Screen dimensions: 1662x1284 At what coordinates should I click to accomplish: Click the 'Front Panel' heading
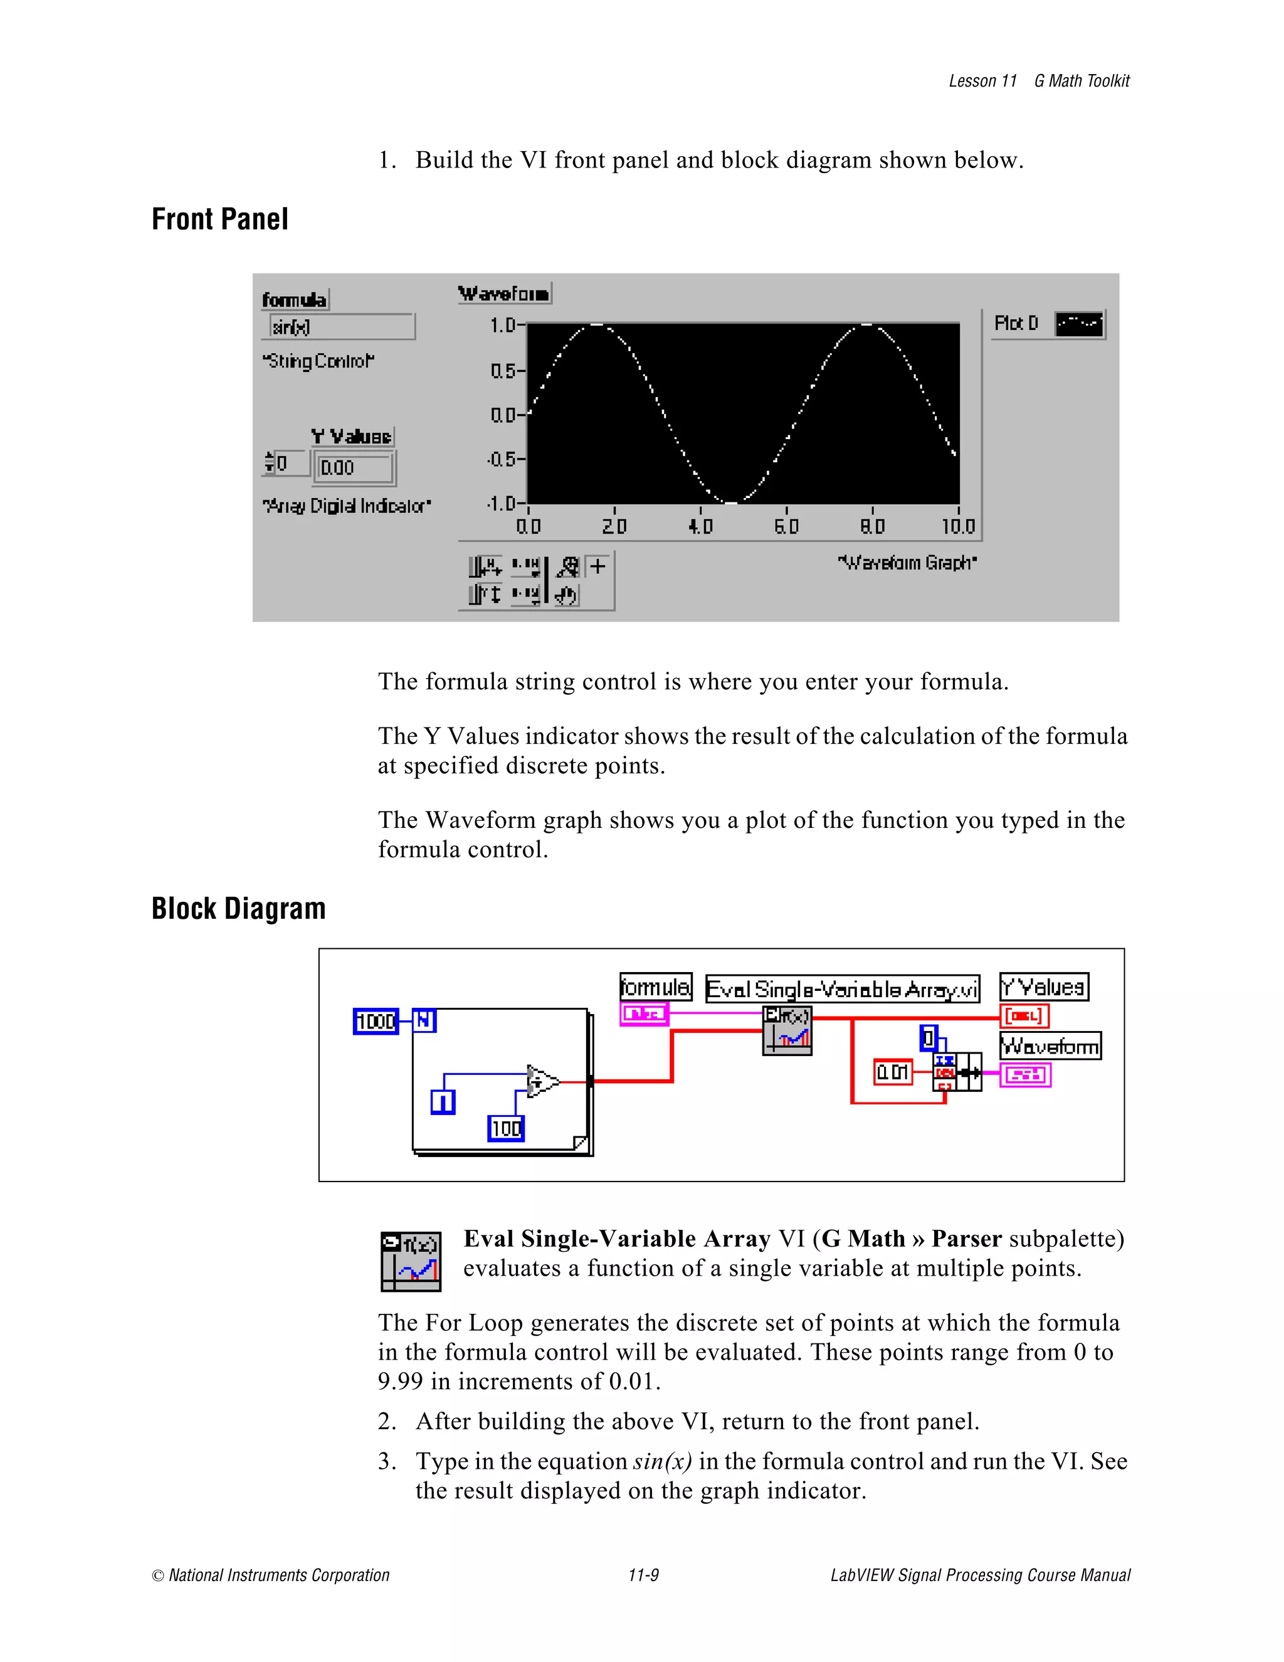[220, 219]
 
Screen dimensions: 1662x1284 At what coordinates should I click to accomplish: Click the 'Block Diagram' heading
[238, 909]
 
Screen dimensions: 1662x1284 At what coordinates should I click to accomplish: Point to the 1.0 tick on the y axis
[503, 326]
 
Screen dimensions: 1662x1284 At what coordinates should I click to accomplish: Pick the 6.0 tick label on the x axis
[787, 527]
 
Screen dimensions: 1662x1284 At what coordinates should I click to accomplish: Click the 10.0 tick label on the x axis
[958, 527]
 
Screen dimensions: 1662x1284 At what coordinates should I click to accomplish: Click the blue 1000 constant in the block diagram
[376, 1021]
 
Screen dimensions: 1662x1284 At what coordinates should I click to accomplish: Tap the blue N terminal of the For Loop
[424, 1020]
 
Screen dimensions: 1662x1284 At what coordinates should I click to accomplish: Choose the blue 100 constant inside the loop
[506, 1128]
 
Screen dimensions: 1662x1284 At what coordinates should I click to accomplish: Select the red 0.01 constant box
[893, 1072]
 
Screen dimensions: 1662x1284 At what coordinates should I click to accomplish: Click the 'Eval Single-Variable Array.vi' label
[842, 988]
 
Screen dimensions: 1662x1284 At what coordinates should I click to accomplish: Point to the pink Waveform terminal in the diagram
[1025, 1074]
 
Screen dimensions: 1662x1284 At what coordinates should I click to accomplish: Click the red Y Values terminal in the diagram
[1024, 1016]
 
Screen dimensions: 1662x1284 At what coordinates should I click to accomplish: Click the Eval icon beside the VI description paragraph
[411, 1262]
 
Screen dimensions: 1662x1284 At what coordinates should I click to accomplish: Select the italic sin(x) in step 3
[662, 1461]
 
